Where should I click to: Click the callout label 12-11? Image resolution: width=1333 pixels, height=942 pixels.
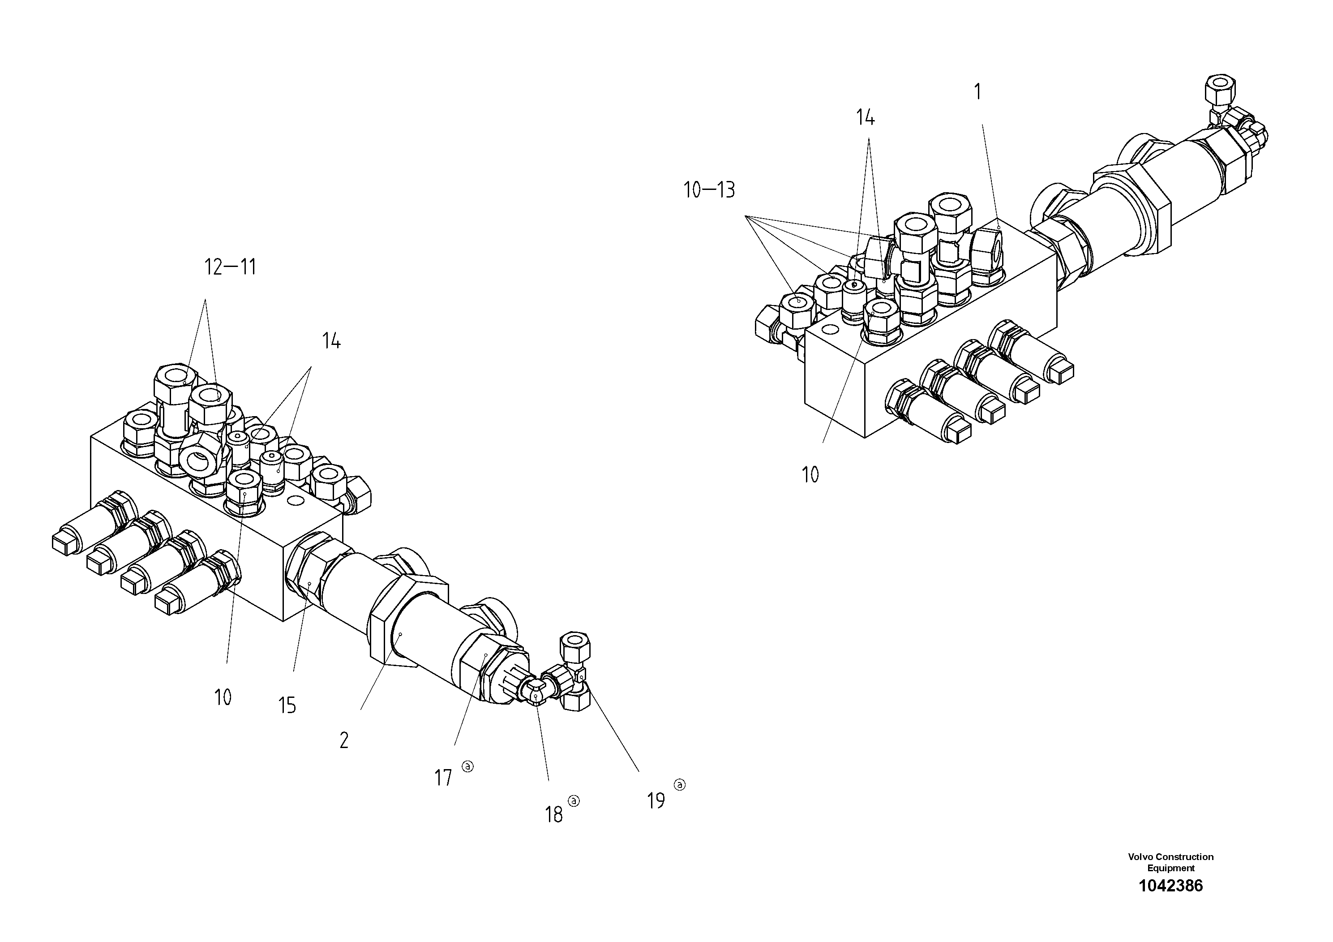pos(231,268)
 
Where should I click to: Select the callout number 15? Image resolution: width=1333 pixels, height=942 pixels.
pos(287,705)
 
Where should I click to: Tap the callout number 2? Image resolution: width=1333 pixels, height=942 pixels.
pos(344,740)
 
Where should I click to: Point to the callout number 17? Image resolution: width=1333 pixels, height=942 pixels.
pos(443,778)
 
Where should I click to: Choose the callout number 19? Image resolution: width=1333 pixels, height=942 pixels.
pos(656,801)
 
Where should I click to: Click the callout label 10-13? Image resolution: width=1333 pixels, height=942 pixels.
pos(709,190)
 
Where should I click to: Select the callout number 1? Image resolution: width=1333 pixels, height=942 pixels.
pos(977,92)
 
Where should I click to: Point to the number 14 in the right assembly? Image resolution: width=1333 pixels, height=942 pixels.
pos(865,118)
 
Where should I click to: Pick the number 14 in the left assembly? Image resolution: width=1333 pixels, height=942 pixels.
pos(331,341)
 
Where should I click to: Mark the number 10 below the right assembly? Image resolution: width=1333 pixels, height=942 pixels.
pos(810,475)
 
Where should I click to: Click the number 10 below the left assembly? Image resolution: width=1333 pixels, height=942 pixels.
pos(223,697)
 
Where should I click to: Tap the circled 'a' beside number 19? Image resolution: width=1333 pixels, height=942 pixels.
pos(679,785)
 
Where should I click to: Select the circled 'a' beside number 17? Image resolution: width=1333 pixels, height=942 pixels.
pos(467,766)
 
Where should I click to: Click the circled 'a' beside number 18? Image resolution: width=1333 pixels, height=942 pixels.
pos(574,801)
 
